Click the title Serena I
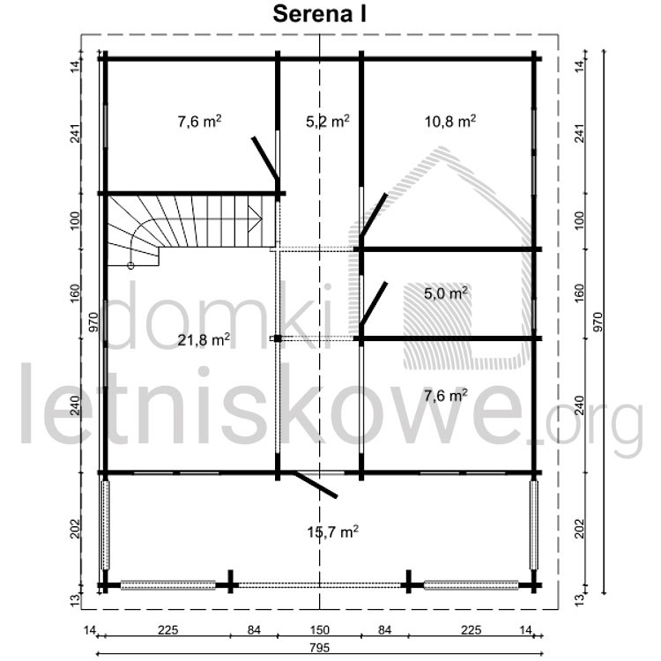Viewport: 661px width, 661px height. (319, 14)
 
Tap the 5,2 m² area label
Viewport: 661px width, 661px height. (328, 122)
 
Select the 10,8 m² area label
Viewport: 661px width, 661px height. (450, 122)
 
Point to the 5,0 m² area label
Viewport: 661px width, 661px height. (446, 293)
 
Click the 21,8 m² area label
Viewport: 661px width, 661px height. (204, 339)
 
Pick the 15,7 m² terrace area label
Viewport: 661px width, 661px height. (333, 532)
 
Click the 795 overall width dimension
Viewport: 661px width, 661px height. (319, 647)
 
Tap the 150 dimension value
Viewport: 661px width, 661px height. (319, 630)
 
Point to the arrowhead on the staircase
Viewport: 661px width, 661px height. (256, 219)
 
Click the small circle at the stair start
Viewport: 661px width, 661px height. (130, 265)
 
